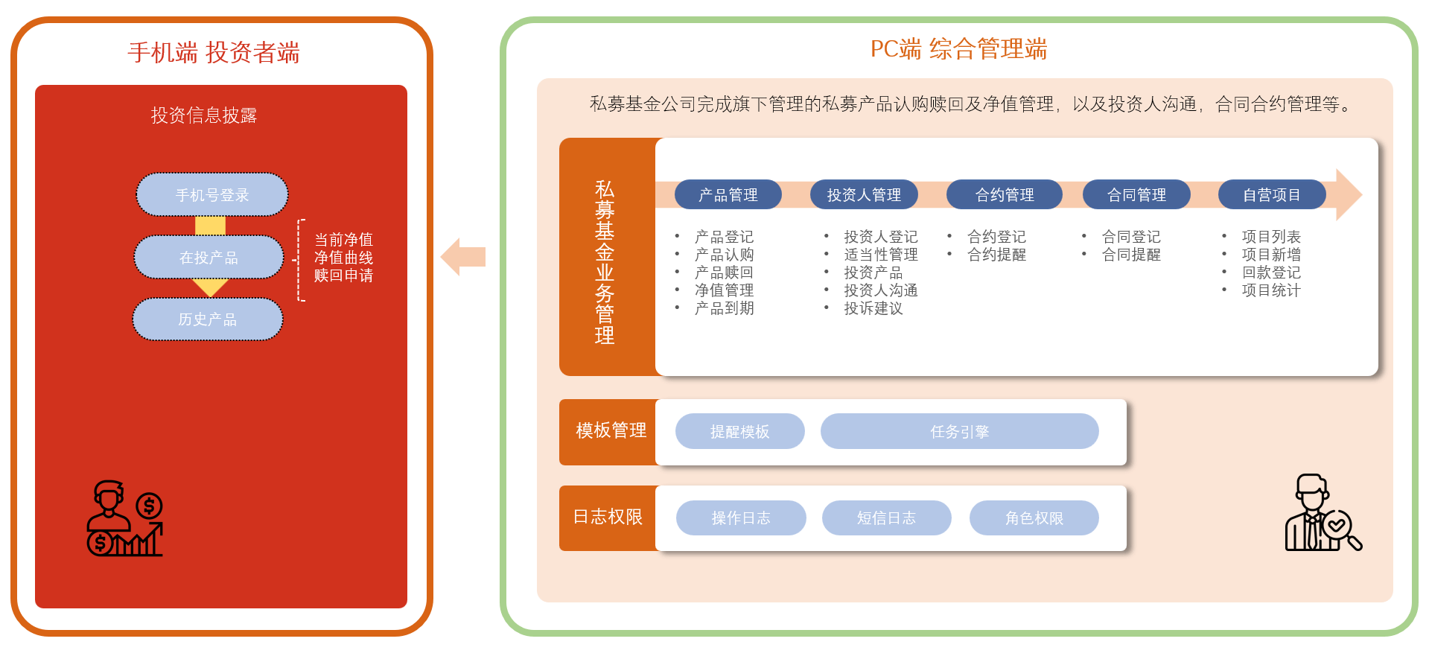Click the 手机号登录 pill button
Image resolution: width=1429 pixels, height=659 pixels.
coord(211,195)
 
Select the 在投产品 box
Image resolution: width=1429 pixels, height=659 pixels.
coord(209,258)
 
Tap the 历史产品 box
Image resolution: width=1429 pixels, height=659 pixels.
coord(207,319)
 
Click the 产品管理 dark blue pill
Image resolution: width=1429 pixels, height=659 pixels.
coord(728,195)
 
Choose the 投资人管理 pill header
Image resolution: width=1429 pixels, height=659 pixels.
coord(864,195)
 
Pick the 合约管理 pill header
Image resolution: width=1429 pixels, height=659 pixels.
coord(1004,195)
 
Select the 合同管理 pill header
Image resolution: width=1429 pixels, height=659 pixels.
coord(1136,195)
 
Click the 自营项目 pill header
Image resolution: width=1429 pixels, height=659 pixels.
coord(1271,195)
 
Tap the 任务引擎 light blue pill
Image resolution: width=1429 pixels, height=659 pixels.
coord(959,432)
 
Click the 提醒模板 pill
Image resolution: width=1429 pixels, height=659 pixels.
coord(739,432)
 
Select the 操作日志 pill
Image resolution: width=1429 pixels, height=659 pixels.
coord(740,518)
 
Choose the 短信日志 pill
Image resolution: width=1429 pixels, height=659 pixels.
coord(886,518)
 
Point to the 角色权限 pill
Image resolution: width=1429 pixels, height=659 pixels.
coord(1034,518)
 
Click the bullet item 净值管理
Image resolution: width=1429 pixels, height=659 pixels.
coord(724,290)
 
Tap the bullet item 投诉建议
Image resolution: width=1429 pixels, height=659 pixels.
coord(873,308)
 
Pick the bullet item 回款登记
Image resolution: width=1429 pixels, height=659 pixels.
coord(1270,273)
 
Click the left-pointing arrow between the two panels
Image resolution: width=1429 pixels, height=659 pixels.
coord(463,257)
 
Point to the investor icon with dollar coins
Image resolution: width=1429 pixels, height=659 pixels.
coord(125,518)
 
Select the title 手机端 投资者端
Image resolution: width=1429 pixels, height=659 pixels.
coord(214,53)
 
